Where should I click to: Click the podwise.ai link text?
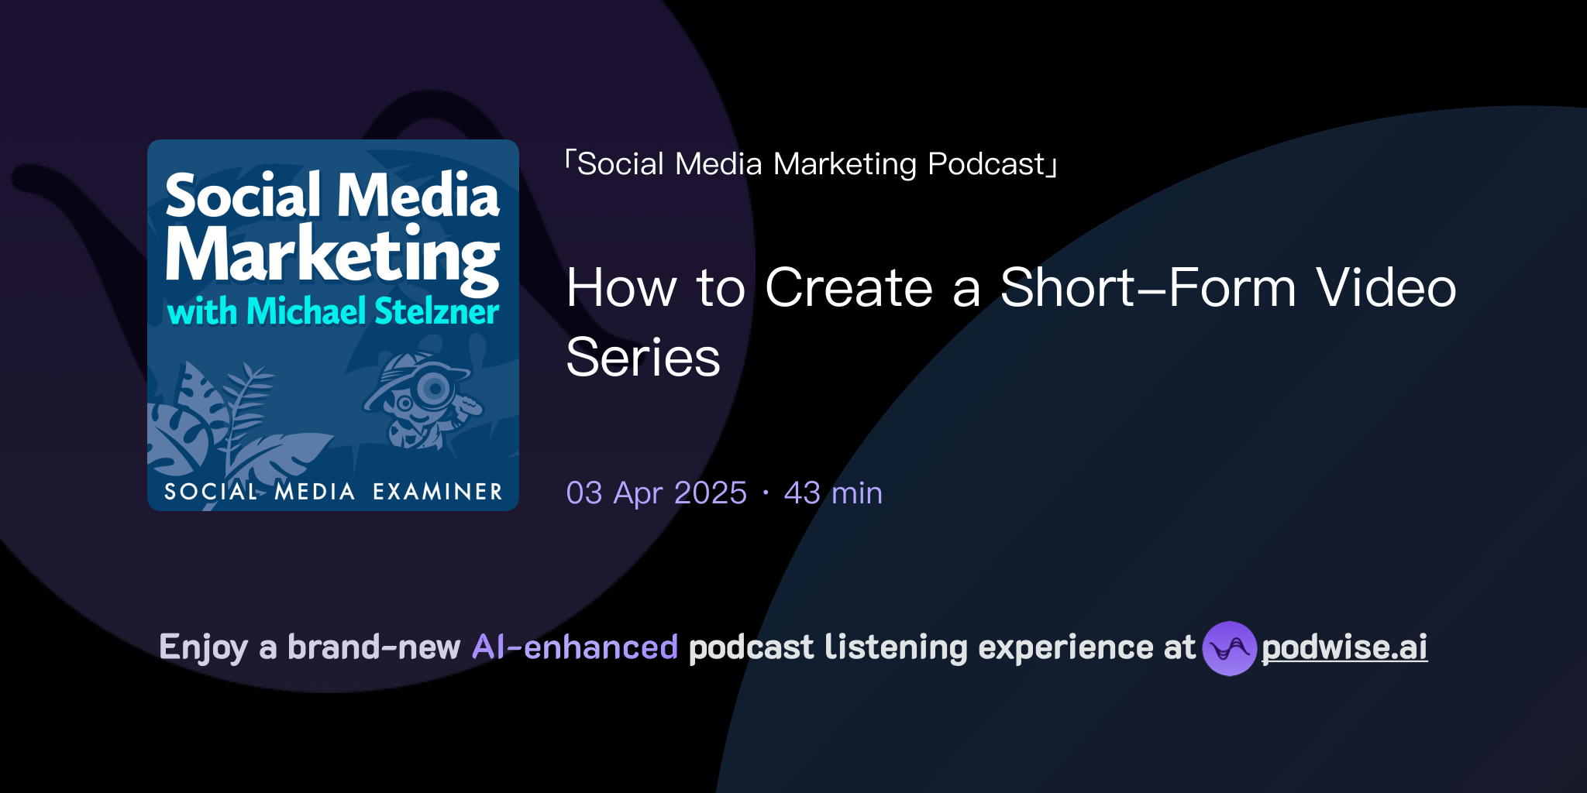coord(1344,647)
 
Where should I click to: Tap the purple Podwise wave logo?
coord(1229,648)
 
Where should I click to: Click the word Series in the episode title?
coord(643,358)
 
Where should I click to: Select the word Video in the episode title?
coord(1386,288)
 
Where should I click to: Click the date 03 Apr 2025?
coord(656,493)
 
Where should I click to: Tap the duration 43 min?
coord(833,493)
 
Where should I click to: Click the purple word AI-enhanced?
coord(575,647)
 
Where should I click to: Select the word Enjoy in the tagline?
coord(203,647)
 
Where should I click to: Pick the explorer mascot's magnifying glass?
coord(435,387)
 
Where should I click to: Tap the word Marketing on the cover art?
coord(332,256)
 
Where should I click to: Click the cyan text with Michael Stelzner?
coord(333,311)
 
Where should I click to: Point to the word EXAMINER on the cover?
coord(438,492)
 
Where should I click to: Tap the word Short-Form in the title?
coord(1148,288)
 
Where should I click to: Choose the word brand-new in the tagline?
coord(374,647)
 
